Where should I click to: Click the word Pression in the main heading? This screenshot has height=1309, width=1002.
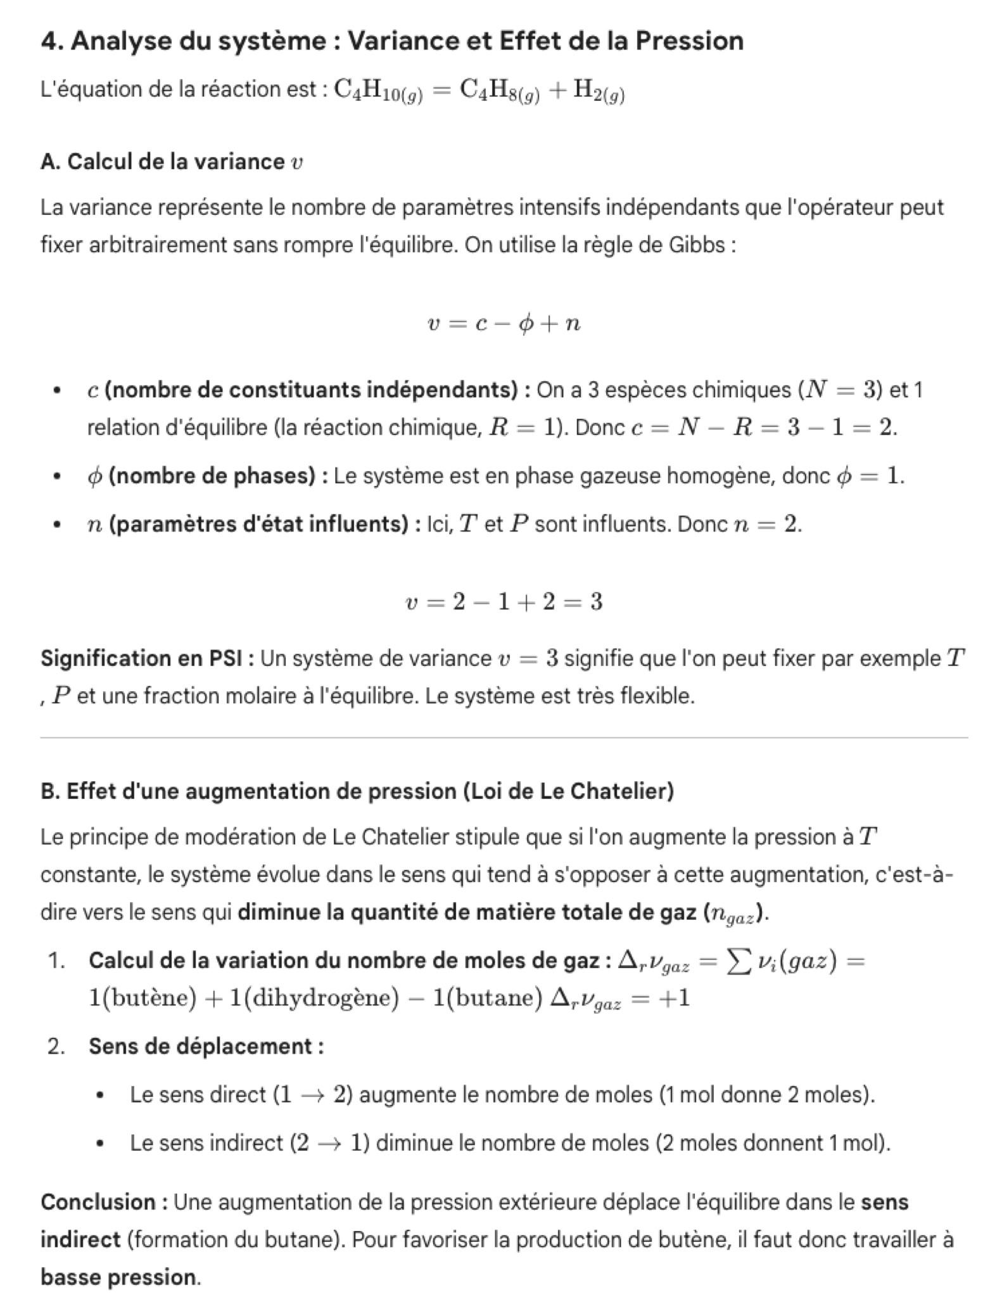tap(689, 41)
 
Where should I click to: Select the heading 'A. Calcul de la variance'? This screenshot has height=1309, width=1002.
tap(171, 162)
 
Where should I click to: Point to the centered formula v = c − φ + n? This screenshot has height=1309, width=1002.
tap(504, 324)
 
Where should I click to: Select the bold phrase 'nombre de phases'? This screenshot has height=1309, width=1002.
tap(212, 475)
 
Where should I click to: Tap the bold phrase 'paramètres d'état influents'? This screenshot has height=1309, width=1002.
tap(258, 524)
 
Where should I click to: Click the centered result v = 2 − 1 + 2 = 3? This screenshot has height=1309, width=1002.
tap(504, 601)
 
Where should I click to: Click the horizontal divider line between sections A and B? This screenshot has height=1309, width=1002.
tap(504, 738)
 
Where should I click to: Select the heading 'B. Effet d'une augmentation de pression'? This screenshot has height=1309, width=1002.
tap(357, 791)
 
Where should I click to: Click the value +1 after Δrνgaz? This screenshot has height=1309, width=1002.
tap(675, 998)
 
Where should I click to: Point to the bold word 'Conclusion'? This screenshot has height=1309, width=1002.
tap(98, 1202)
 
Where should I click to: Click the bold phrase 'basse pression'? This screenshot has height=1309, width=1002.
tap(118, 1277)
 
